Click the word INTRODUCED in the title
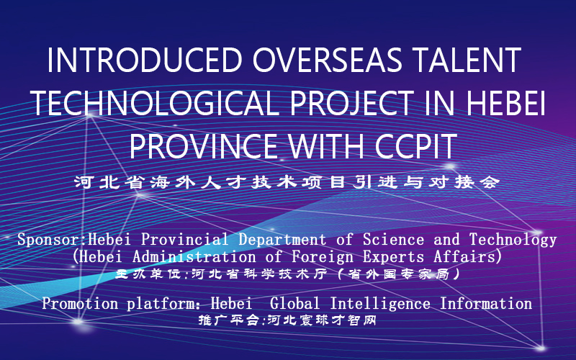[145, 60]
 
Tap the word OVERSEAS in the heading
[327, 60]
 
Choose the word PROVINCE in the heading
[203, 146]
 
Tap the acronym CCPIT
[415, 146]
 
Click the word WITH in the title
[326, 146]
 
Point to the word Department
[282, 240]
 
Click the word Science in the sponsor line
[393, 240]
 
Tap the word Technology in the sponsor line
[513, 240]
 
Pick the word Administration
[194, 256]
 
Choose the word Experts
[393, 257]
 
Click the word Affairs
[465, 256]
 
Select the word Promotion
[80, 303]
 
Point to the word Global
[294, 303]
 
